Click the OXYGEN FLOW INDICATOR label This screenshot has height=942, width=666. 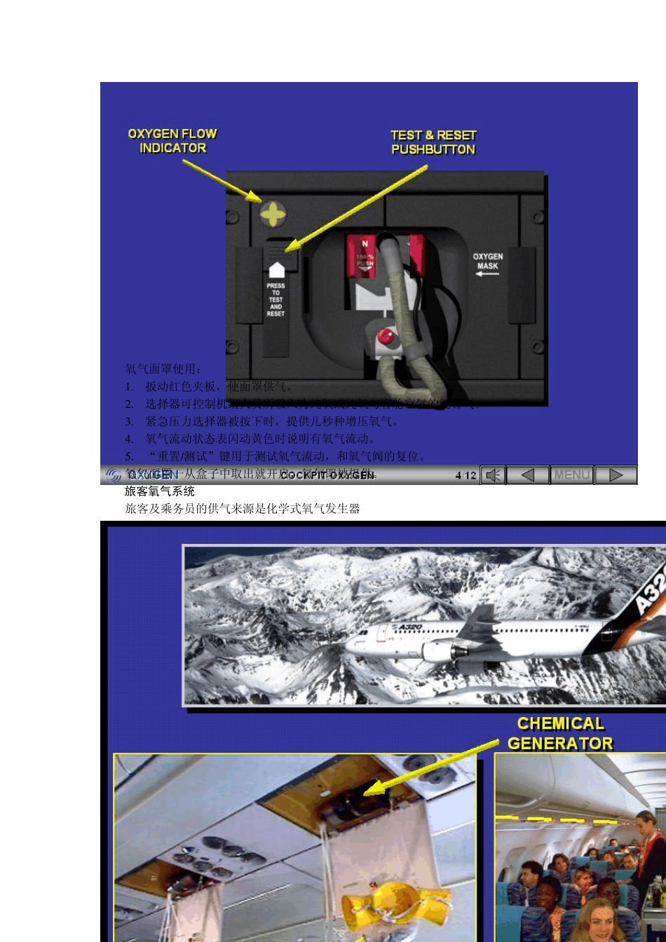(x=172, y=141)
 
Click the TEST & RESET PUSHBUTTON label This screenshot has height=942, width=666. (x=433, y=142)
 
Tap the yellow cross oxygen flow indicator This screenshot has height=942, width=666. (x=273, y=214)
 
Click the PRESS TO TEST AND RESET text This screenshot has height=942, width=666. (x=276, y=300)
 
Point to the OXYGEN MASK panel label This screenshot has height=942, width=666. (x=487, y=261)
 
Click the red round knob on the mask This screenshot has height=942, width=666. (x=386, y=336)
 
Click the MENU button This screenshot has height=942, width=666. (x=571, y=475)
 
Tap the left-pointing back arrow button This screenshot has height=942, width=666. (x=528, y=475)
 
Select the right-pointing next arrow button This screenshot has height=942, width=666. (x=616, y=475)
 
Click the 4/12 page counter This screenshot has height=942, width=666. (x=465, y=475)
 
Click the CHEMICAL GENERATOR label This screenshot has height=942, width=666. (x=560, y=733)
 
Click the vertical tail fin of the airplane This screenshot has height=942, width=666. (x=484, y=617)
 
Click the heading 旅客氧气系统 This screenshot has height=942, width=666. (x=160, y=491)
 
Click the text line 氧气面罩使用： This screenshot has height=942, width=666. (x=163, y=369)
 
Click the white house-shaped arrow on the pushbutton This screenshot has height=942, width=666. (x=276, y=269)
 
